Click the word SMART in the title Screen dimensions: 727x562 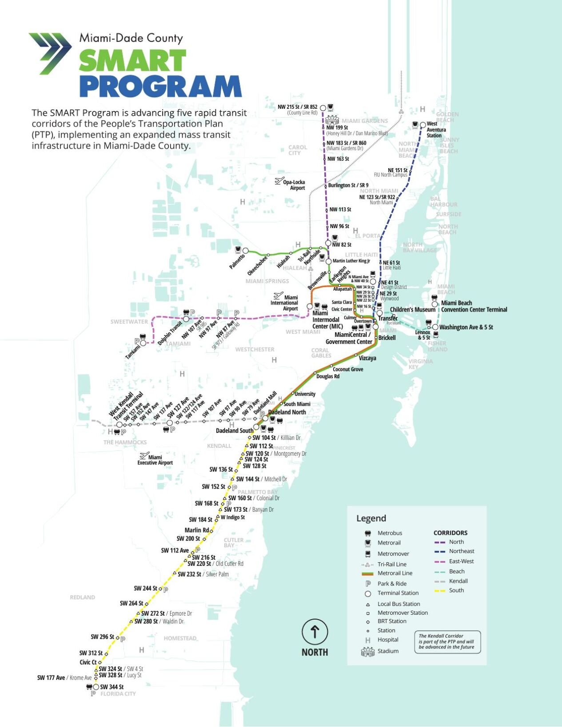pos(132,61)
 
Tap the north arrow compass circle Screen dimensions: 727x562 pos(315,632)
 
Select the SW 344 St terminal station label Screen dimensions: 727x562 pos(112,687)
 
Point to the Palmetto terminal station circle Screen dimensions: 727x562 pos(245,251)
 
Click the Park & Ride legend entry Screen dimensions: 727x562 pos(391,584)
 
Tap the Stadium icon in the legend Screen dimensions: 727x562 pos(368,652)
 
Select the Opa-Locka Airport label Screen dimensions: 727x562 pos(294,185)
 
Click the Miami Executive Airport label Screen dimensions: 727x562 pos(155,460)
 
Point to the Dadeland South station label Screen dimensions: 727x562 pos(234,431)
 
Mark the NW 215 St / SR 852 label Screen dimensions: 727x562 pos(298,107)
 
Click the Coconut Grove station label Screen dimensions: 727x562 pos(348,369)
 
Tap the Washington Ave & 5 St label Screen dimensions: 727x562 pos(466,328)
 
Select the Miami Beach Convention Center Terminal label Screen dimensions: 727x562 pos(474,306)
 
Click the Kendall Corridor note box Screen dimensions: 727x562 pos(447,642)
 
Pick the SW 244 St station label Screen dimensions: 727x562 pos(145,589)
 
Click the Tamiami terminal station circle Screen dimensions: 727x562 pos(143,343)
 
